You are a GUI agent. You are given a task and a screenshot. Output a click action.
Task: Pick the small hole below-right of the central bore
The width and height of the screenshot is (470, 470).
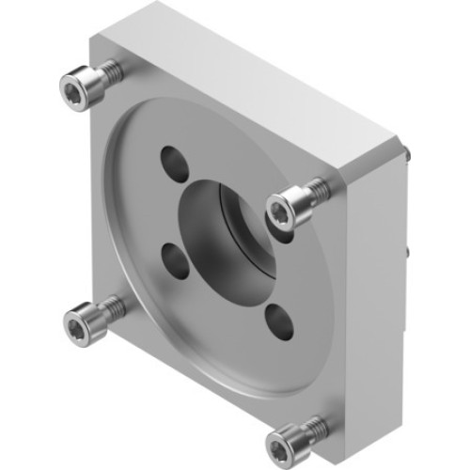pyautogui.click(x=276, y=319)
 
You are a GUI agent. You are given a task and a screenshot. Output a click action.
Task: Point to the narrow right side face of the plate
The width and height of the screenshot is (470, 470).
pyautogui.click(x=376, y=282)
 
